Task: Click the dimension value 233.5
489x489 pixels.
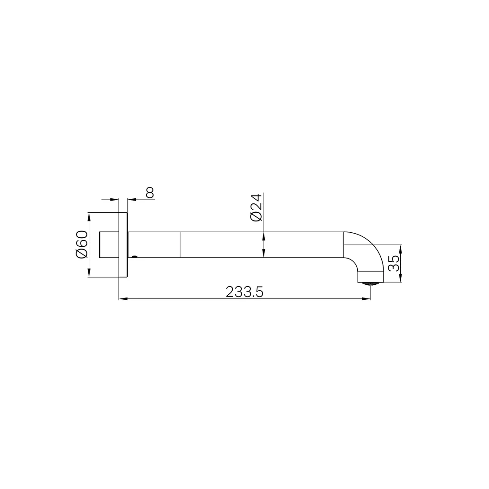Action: (244, 292)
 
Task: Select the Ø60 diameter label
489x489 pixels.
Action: (81, 244)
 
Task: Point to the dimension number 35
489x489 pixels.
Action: (394, 264)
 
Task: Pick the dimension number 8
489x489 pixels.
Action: (150, 192)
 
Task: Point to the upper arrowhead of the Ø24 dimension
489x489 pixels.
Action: (264, 236)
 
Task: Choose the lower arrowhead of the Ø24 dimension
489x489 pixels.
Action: (264, 254)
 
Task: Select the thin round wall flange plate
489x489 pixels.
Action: (123, 244)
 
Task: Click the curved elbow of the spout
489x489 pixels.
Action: (367, 249)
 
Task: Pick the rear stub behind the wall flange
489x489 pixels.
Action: (109, 244)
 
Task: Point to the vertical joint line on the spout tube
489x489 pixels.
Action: (181, 244)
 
